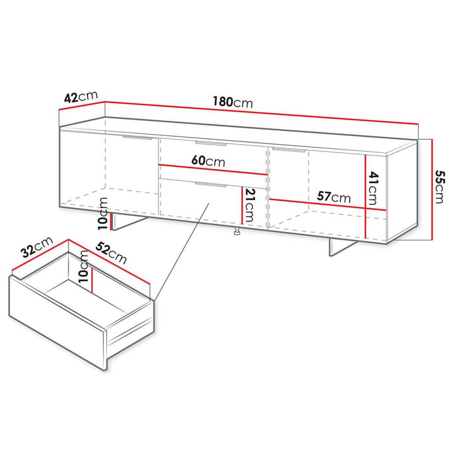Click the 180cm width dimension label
pyautogui.click(x=232, y=102)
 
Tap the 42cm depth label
pyautogui.click(x=81, y=97)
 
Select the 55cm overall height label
pyautogui.click(x=438, y=187)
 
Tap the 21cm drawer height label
pyautogui.click(x=249, y=205)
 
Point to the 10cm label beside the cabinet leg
pyautogui.click(x=102, y=214)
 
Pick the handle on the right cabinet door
pyautogui.click(x=288, y=150)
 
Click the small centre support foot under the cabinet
pyautogui.click(x=237, y=232)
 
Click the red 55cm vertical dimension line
pyautogui.click(x=432, y=189)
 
